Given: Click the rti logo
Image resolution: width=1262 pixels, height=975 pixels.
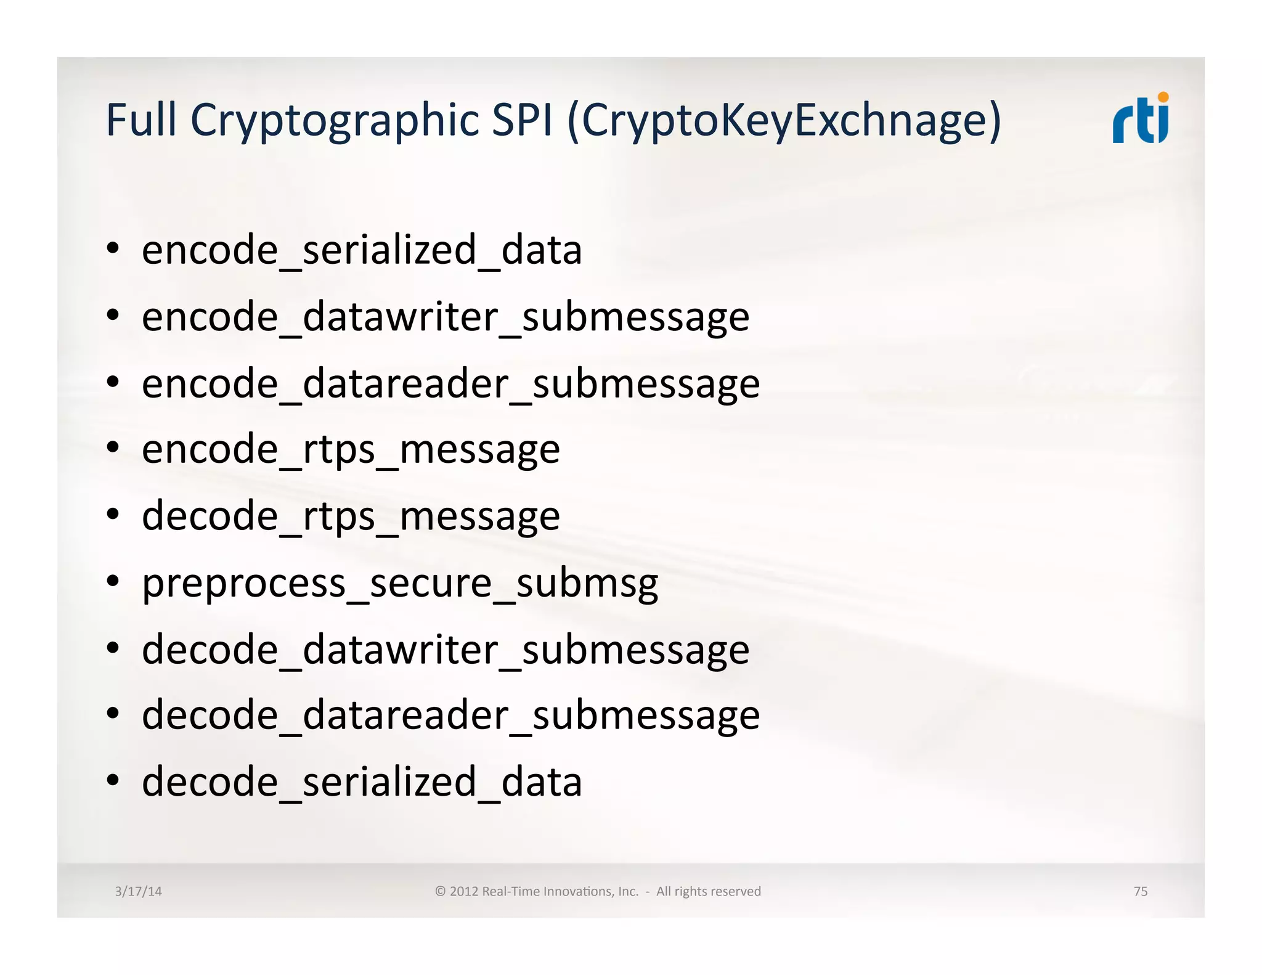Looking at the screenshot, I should (1140, 120).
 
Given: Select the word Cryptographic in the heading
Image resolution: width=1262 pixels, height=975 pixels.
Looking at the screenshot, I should (335, 121).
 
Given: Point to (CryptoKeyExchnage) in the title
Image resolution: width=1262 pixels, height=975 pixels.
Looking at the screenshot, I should (784, 121).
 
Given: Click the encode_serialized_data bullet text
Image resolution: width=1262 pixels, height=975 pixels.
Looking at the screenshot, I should (362, 250).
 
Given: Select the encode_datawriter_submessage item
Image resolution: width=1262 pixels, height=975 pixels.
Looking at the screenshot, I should (446, 317).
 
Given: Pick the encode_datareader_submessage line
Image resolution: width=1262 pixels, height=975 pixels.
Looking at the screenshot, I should (450, 384).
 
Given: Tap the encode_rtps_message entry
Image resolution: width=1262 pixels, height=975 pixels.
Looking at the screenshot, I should (351, 450).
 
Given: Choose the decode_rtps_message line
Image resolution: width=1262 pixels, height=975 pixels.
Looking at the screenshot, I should (351, 516).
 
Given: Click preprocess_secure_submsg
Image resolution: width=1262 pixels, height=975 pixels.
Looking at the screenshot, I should (400, 584).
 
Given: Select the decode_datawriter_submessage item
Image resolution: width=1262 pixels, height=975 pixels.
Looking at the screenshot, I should (446, 650).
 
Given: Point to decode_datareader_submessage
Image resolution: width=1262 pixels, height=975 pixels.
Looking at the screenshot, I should (450, 716).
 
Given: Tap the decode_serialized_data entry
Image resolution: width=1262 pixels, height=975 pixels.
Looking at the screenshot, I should (362, 782).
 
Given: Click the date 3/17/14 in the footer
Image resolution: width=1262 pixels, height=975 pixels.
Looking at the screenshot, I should (138, 891).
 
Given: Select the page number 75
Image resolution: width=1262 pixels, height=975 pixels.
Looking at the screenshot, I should (1140, 891).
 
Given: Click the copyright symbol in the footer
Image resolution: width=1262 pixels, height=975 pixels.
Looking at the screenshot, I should (440, 891).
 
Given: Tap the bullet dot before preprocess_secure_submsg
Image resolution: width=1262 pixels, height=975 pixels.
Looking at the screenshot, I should (112, 581).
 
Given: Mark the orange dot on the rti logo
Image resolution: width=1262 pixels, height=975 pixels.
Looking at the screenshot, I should (1163, 97).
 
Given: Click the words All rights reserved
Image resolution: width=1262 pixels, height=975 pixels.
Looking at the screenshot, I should (708, 891).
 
